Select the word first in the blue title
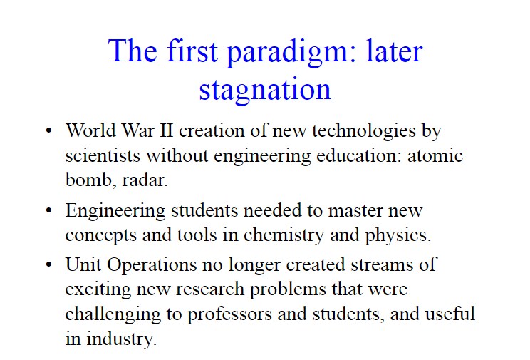point(192,50)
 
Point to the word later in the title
point(395,50)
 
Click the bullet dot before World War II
point(49,130)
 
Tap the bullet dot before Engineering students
point(49,210)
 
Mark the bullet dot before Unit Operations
point(49,264)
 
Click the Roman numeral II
point(166,130)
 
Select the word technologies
point(364,132)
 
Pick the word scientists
point(103,155)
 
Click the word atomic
point(435,155)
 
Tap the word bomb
point(88,180)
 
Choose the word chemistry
point(284,235)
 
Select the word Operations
point(152,265)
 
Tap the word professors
point(229,314)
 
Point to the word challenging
point(113,314)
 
